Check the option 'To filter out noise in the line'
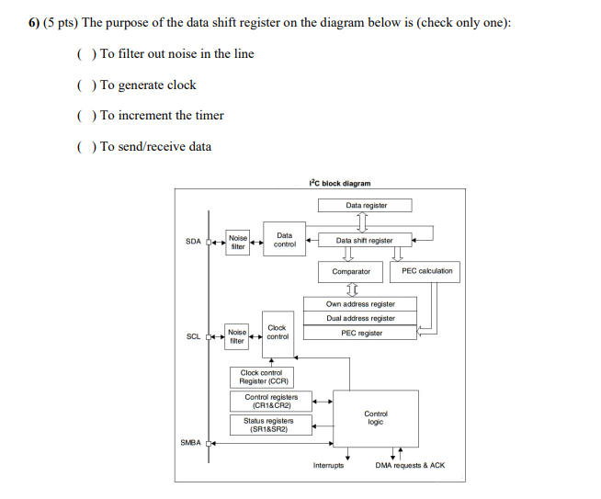pos(85,54)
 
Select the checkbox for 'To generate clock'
pos(85,85)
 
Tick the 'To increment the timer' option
pos(85,116)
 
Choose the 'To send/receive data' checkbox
pos(85,147)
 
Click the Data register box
pos(366,206)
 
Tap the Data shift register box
pos(364,241)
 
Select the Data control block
pos(284,239)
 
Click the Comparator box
pos(351,272)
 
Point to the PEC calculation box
pos(426,271)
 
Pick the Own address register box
pos(360,304)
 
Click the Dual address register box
pos(360,318)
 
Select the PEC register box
pos(360,333)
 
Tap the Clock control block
pos(278,333)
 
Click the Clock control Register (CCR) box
pos(265,377)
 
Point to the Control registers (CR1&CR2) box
pos(270,401)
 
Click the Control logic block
pos(376,418)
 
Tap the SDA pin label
pos(193,242)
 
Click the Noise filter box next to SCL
pos(237,336)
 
